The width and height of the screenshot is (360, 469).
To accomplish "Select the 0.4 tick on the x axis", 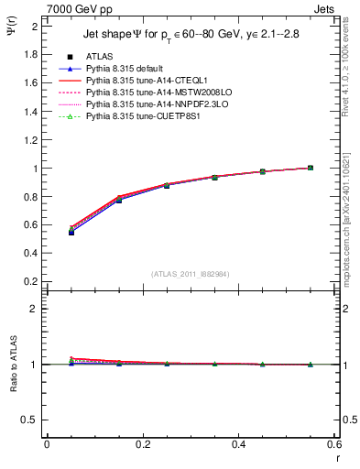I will pos(237,444).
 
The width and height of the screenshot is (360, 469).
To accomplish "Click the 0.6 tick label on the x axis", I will pos(333,444).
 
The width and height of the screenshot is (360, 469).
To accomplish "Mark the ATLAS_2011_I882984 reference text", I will pos(191,274).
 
